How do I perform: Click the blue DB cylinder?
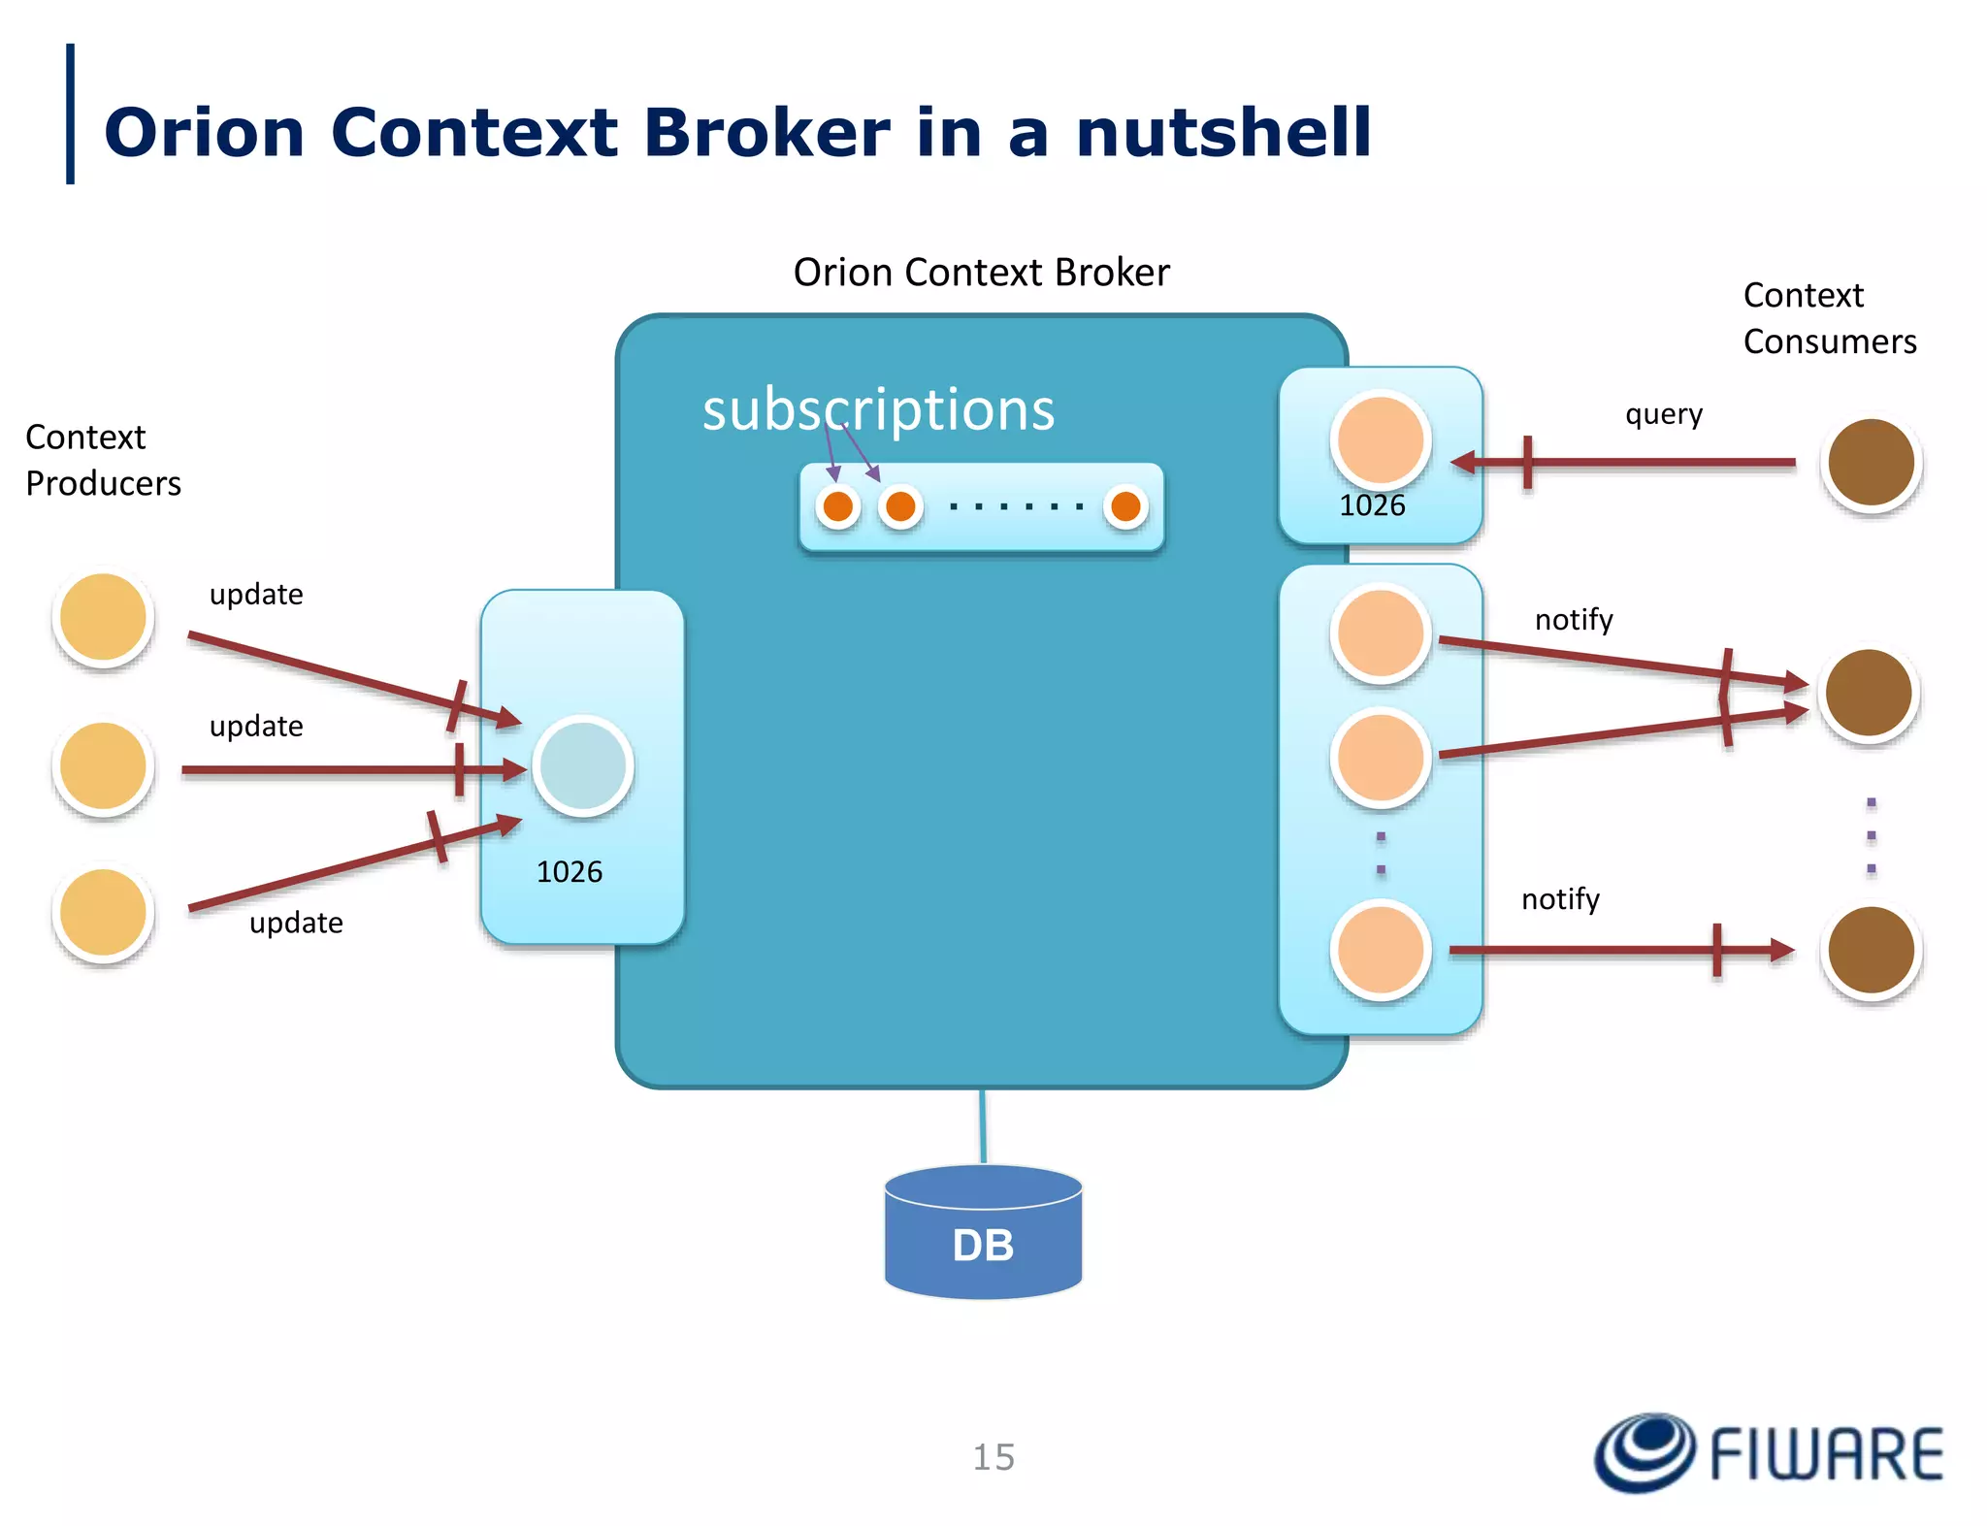point(983,1234)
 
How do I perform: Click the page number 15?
point(993,1457)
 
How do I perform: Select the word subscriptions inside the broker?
point(878,409)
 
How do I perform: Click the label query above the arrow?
point(1664,414)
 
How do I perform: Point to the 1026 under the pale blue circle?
point(570,872)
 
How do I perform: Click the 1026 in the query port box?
point(1372,505)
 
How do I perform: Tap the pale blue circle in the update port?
point(583,766)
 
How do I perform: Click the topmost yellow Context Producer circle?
point(103,618)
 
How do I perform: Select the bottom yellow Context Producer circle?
point(103,913)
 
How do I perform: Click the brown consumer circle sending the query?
point(1871,463)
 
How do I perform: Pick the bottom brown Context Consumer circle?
point(1871,951)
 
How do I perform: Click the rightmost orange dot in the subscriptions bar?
point(1125,506)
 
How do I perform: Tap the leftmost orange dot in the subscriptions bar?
point(838,506)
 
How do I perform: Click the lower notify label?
point(1560,899)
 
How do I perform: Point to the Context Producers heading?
point(103,461)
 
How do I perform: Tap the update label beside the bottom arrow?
point(296,923)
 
